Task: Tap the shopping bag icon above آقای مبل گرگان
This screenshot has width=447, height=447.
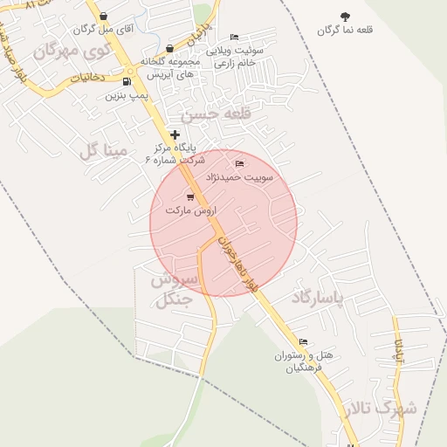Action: pos(104,16)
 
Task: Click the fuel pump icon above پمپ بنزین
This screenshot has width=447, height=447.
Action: pos(128,83)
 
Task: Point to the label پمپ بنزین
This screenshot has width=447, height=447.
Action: pos(123,95)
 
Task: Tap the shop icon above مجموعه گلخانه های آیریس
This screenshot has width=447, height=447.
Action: pos(169,49)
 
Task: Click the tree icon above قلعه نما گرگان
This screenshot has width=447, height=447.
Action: pos(345,17)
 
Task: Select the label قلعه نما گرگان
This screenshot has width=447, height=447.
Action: pos(345,31)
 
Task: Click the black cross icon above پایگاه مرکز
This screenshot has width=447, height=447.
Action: pos(176,134)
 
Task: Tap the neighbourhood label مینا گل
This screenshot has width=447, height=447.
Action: pos(103,151)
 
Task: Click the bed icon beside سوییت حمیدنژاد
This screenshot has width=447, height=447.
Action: pos(240,163)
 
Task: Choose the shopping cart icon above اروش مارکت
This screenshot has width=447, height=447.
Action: pos(190,196)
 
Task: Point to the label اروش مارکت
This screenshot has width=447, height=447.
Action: pos(190,210)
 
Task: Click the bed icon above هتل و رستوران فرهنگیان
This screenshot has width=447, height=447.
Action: pos(303,341)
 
